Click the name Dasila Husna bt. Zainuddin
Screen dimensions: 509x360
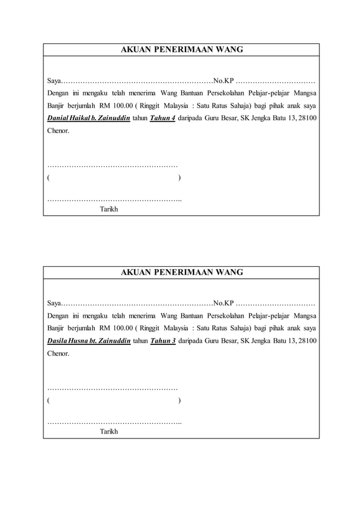pos(89,341)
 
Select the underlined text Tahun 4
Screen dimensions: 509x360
pos(162,119)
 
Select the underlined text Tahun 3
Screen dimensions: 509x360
pos(162,341)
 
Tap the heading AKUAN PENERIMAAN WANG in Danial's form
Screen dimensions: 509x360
pos(182,50)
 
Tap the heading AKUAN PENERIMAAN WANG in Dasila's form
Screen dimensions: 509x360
pos(182,272)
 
